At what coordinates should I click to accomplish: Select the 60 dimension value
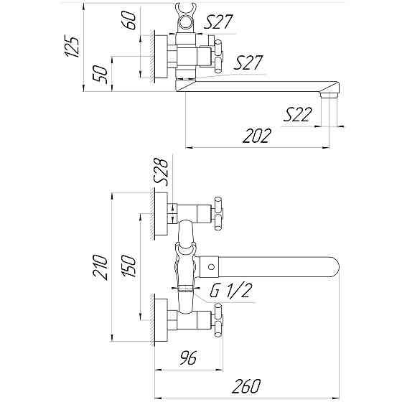click(x=130, y=20)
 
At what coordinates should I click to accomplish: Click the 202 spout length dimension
click(x=257, y=136)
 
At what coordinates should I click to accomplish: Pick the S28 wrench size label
click(x=164, y=173)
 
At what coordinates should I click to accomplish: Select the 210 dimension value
click(x=100, y=266)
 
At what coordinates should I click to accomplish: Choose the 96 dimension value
click(x=187, y=355)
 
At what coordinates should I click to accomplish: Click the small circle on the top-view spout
click(x=212, y=268)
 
